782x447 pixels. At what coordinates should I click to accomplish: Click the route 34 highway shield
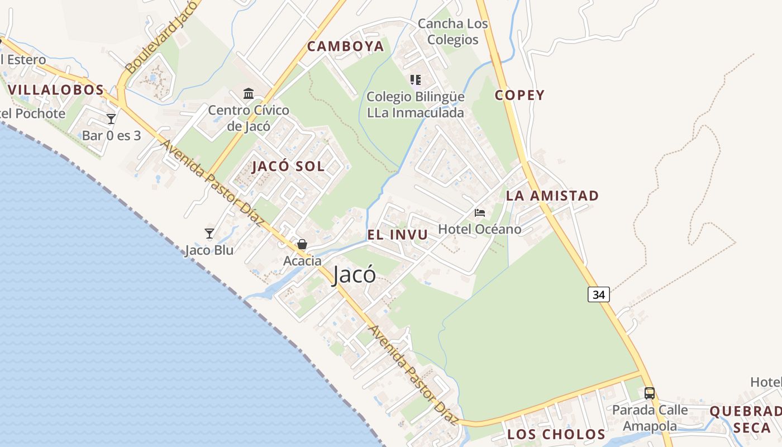point(598,294)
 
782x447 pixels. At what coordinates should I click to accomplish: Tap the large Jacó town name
point(354,275)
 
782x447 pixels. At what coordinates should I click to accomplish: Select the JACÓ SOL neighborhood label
point(288,166)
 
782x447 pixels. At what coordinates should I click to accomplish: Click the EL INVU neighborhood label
point(398,235)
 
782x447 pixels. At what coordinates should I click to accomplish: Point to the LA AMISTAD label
point(552,196)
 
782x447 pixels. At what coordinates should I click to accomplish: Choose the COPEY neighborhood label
point(519,95)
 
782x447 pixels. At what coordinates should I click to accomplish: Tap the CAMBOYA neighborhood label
point(346,46)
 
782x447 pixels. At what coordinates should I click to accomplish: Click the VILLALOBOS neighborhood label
point(56,89)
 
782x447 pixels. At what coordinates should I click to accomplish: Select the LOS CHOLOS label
point(556,434)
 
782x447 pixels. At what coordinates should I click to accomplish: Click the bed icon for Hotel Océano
point(480,213)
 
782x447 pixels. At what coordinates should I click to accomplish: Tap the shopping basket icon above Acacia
point(302,244)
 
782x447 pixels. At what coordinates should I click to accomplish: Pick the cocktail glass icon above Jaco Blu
point(209,234)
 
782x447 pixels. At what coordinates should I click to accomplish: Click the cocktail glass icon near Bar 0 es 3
point(111,118)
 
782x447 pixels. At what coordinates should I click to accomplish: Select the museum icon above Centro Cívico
point(249,93)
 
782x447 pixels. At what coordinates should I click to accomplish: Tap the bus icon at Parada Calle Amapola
point(650,393)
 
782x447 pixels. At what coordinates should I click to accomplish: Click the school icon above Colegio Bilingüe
point(415,80)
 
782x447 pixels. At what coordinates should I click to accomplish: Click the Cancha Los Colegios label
point(453,32)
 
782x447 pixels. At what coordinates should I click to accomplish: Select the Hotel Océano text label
point(479,229)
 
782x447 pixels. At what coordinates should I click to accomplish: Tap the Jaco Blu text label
point(209,250)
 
